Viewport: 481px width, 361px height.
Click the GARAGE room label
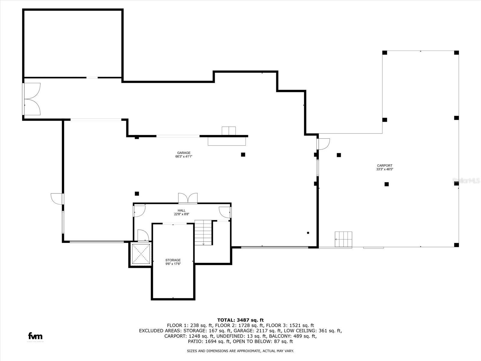pos(183,153)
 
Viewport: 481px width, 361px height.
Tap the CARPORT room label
pos(384,165)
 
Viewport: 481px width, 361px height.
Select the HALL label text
pos(181,211)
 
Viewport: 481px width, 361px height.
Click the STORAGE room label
pos(173,260)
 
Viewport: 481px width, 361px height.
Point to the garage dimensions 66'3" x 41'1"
pos(183,157)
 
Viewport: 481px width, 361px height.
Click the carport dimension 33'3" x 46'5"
pos(384,169)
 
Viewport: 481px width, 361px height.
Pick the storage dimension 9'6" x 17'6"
pos(173,264)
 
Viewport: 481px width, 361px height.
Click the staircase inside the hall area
pos(203,232)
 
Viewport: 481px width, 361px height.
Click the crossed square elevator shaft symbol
pos(141,254)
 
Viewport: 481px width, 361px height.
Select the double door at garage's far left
pos(32,99)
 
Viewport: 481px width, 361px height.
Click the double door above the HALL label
pos(188,199)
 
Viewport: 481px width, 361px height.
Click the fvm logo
pos(35,336)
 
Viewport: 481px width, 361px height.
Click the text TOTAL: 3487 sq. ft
pos(240,320)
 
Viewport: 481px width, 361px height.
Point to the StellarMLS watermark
pos(466,181)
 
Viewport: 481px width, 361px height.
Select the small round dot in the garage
pos(308,233)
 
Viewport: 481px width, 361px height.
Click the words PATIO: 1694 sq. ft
pos(209,341)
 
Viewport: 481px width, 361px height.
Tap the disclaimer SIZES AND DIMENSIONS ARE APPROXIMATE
pos(240,351)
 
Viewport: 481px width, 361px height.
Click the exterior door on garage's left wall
pos(57,199)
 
